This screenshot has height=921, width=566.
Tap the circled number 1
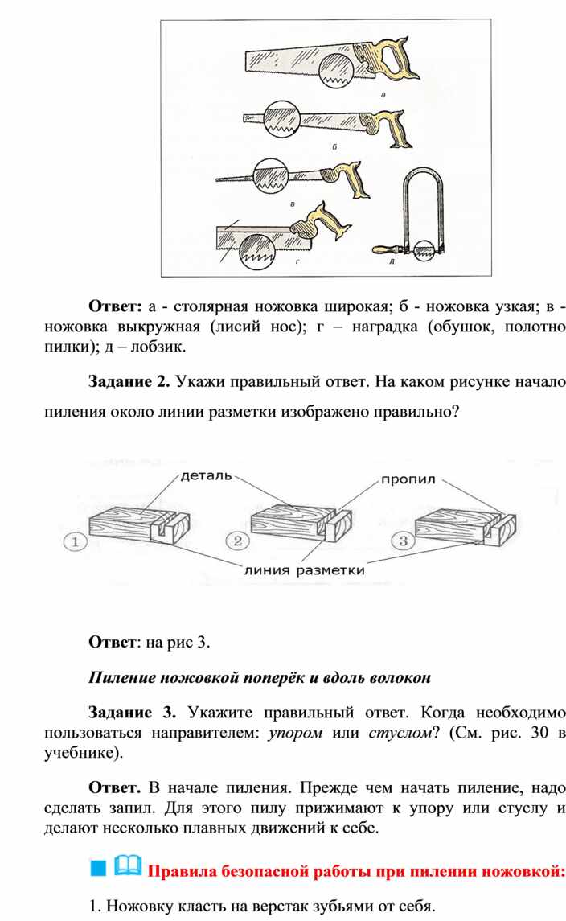pyautogui.click(x=75, y=541)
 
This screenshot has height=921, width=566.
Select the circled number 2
pyautogui.click(x=237, y=540)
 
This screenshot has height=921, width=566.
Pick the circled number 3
pyautogui.click(x=403, y=540)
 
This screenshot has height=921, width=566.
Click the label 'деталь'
pyautogui.click(x=206, y=475)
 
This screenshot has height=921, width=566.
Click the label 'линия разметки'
pyautogui.click(x=304, y=569)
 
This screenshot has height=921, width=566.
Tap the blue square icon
pyautogui.click(x=98, y=868)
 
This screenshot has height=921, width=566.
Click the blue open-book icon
pyautogui.click(x=128, y=865)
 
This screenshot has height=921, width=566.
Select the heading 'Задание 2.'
pyautogui.click(x=129, y=382)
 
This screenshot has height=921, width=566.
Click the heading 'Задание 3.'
pyautogui.click(x=132, y=713)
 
